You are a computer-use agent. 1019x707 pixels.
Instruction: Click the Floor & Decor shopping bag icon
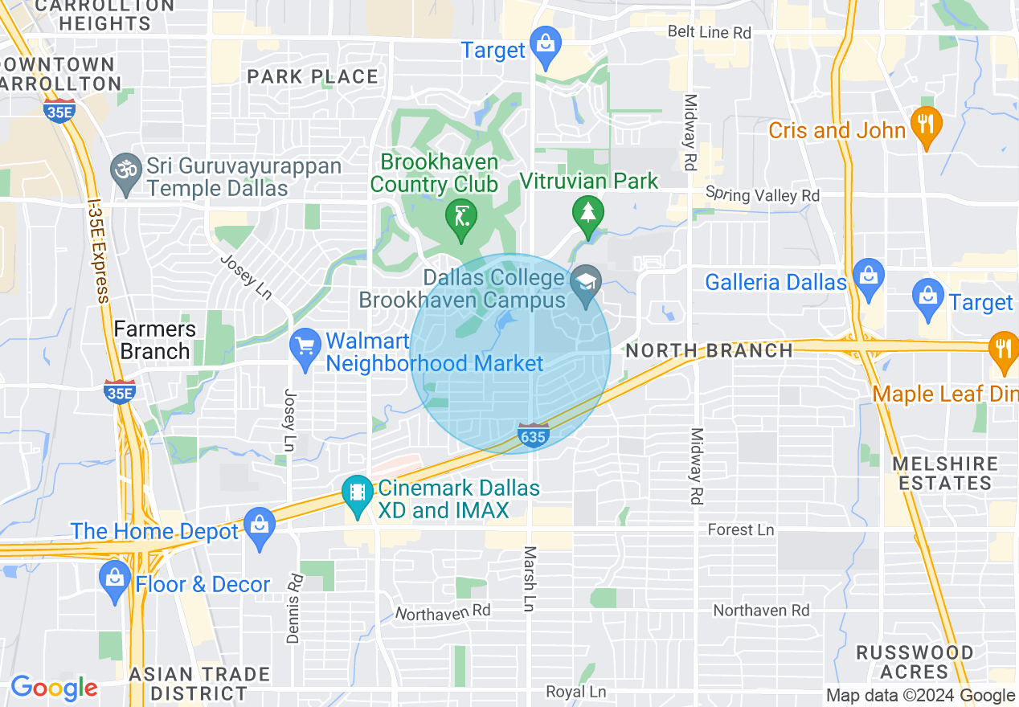(115, 580)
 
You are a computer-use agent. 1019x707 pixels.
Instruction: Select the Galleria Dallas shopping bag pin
(868, 278)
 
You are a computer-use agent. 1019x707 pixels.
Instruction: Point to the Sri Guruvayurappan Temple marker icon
(125, 174)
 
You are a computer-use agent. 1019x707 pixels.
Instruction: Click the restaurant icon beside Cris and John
(927, 127)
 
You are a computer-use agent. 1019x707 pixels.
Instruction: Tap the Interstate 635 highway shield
(533, 435)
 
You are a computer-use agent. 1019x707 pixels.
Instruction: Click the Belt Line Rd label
(710, 32)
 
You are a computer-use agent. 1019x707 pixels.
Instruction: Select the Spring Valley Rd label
(762, 194)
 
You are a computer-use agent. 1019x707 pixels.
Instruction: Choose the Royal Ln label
(575, 692)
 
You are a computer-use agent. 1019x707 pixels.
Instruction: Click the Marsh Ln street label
(529, 579)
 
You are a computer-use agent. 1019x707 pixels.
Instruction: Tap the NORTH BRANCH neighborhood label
(709, 350)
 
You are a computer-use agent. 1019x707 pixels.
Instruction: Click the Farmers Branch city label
(154, 340)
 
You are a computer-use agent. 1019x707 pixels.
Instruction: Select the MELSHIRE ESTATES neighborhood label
(945, 473)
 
